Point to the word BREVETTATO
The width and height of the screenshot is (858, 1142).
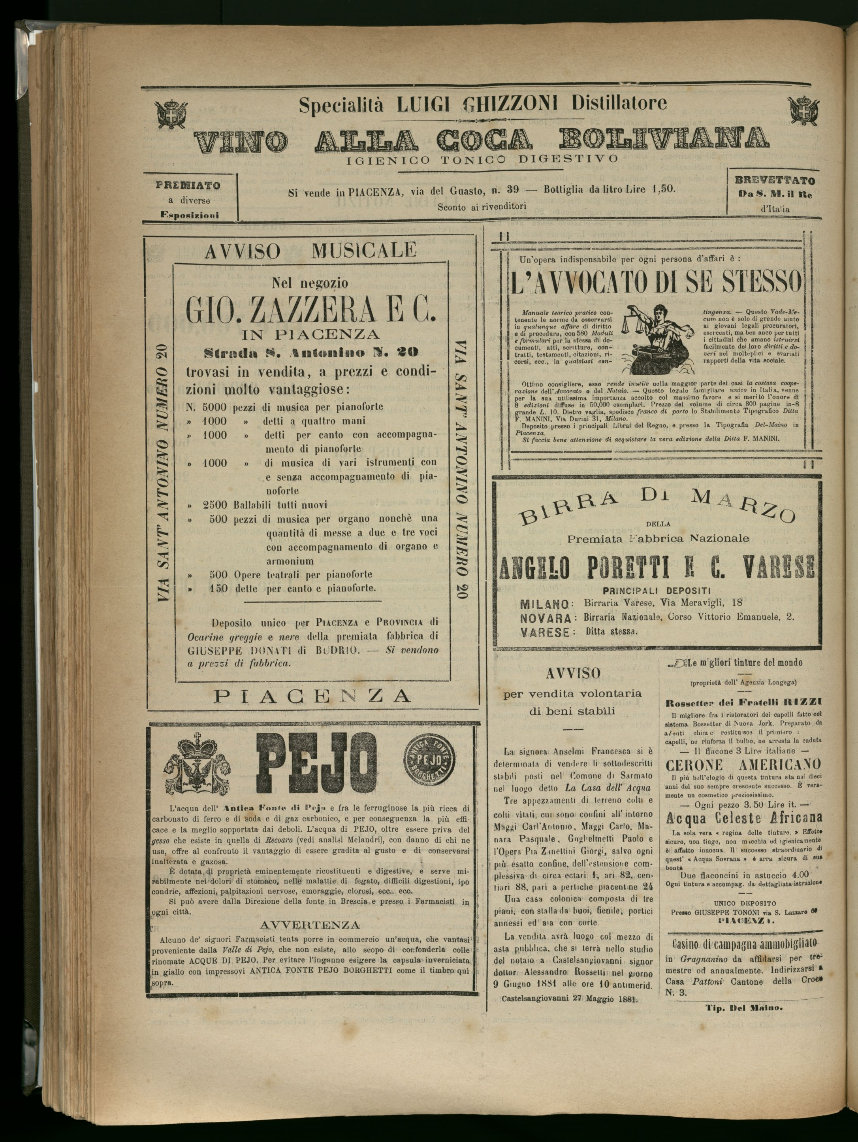[775, 181]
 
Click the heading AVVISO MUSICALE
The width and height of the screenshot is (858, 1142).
[310, 251]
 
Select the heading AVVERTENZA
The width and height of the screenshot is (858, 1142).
[310, 924]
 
